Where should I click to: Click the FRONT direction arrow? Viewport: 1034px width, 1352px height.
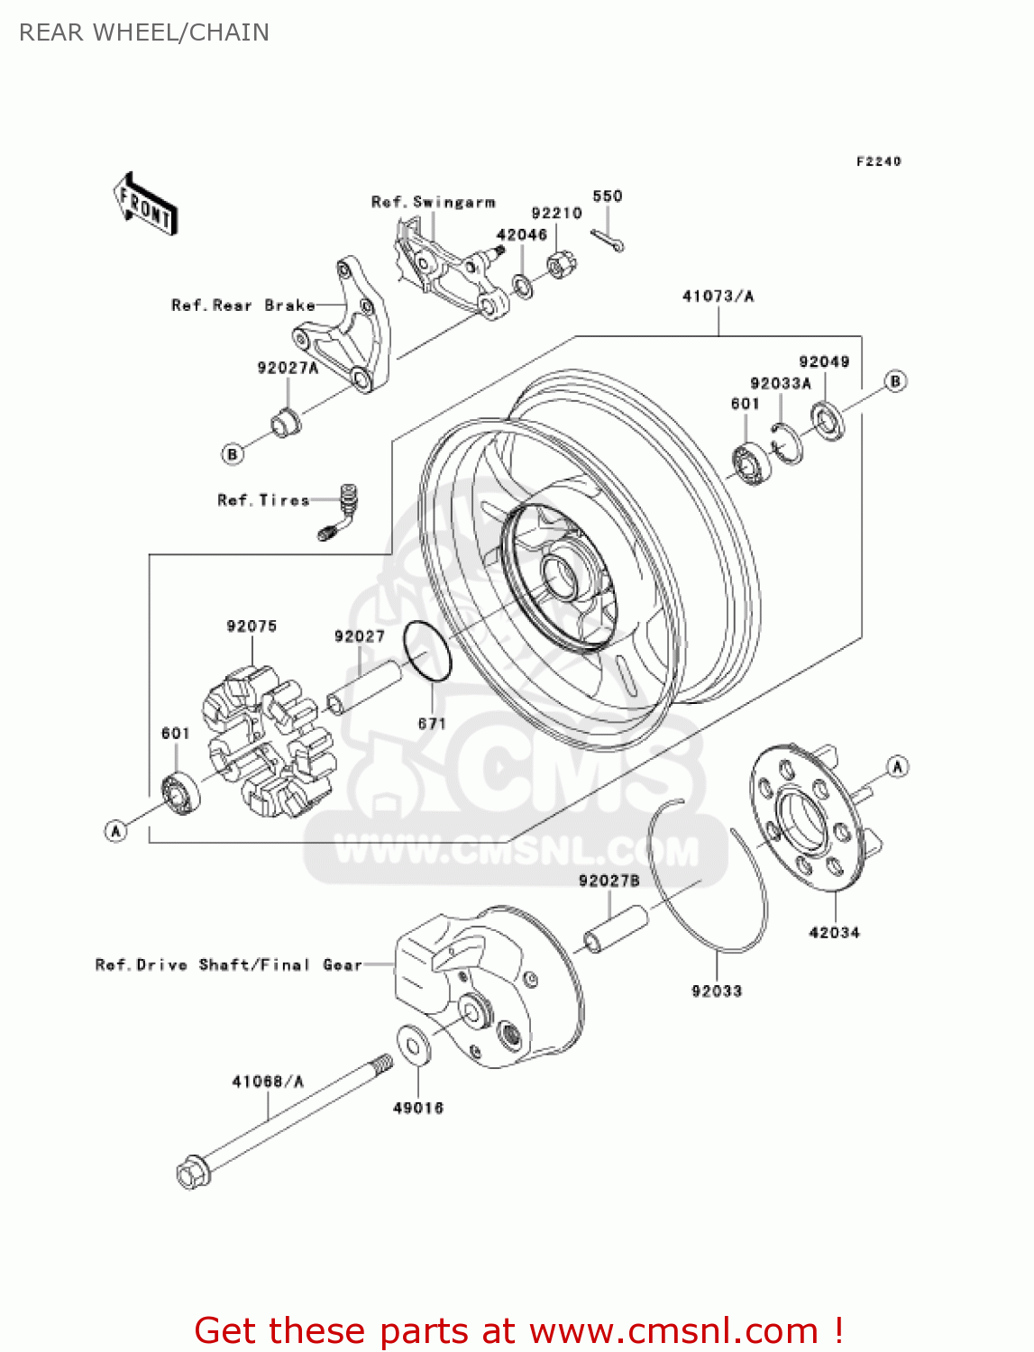[x=145, y=205]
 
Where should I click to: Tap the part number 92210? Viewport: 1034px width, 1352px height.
[x=556, y=214]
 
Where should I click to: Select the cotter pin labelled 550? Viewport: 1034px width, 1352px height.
[x=608, y=240]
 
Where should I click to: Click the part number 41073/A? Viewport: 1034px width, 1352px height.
[x=718, y=297]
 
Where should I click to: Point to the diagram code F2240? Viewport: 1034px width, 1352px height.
[x=878, y=161]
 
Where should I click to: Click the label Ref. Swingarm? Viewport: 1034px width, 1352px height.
[x=433, y=202]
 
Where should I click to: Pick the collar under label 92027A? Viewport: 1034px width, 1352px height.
[x=287, y=421]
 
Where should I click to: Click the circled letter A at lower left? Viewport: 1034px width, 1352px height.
[x=115, y=830]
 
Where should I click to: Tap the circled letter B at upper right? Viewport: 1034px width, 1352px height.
[x=894, y=381]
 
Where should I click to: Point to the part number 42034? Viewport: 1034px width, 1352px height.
[x=834, y=933]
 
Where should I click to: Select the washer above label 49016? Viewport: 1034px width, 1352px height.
[x=413, y=1045]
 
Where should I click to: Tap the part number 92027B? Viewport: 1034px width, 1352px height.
[x=609, y=881]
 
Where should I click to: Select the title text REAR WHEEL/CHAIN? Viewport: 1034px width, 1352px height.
[x=144, y=32]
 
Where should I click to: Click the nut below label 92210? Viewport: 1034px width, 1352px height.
[x=561, y=265]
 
